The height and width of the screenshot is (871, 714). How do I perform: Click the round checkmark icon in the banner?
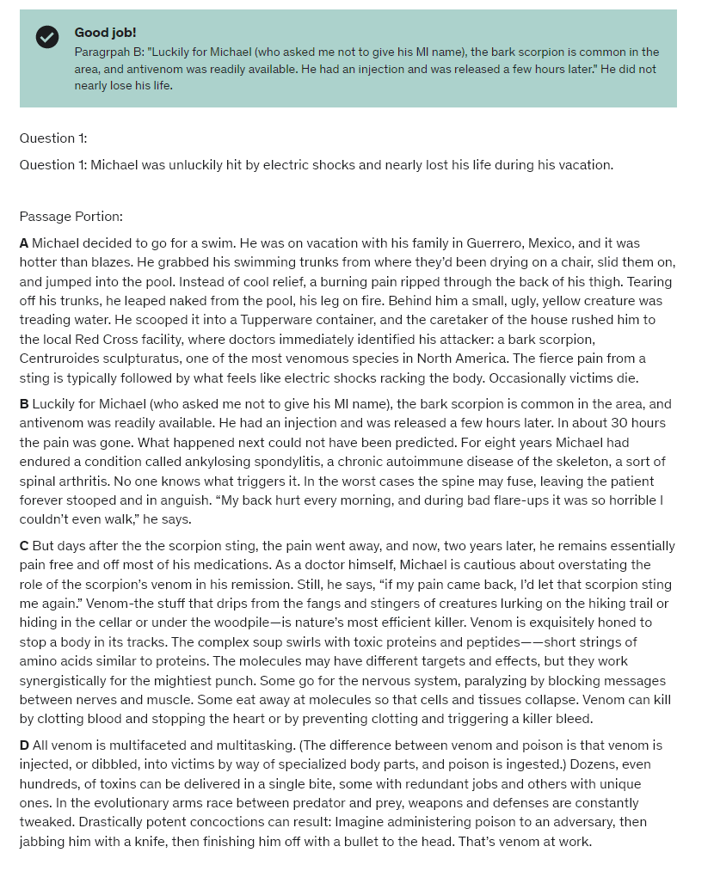(x=47, y=37)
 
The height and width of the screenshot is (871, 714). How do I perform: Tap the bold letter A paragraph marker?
(x=24, y=243)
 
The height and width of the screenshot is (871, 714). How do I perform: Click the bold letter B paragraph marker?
(x=24, y=404)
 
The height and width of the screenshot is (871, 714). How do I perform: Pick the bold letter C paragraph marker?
(x=24, y=546)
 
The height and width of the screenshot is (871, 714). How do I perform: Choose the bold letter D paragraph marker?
(x=24, y=745)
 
